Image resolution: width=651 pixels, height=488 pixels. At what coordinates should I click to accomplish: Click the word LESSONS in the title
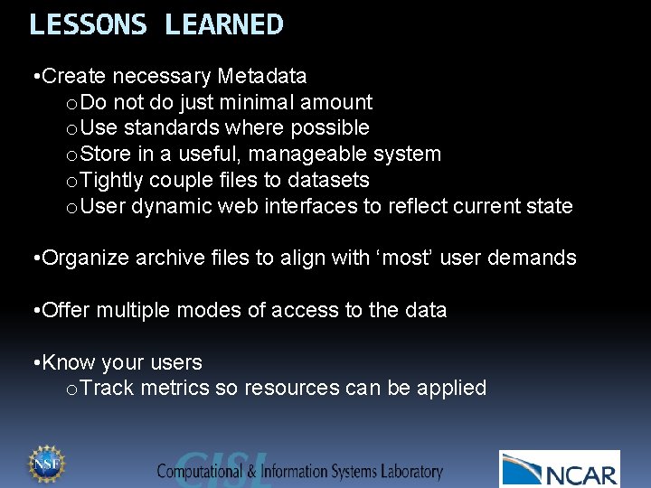[88, 24]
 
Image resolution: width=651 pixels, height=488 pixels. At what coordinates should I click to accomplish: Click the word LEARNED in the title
[223, 24]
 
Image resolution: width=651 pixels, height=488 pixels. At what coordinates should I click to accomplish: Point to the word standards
[173, 128]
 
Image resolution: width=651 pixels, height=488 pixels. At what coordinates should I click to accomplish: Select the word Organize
[86, 258]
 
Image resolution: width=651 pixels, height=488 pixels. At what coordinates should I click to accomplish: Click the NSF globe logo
[44, 464]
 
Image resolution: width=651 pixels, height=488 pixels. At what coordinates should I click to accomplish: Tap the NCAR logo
[560, 469]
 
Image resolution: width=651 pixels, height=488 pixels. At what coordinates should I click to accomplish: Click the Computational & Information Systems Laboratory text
[299, 471]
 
